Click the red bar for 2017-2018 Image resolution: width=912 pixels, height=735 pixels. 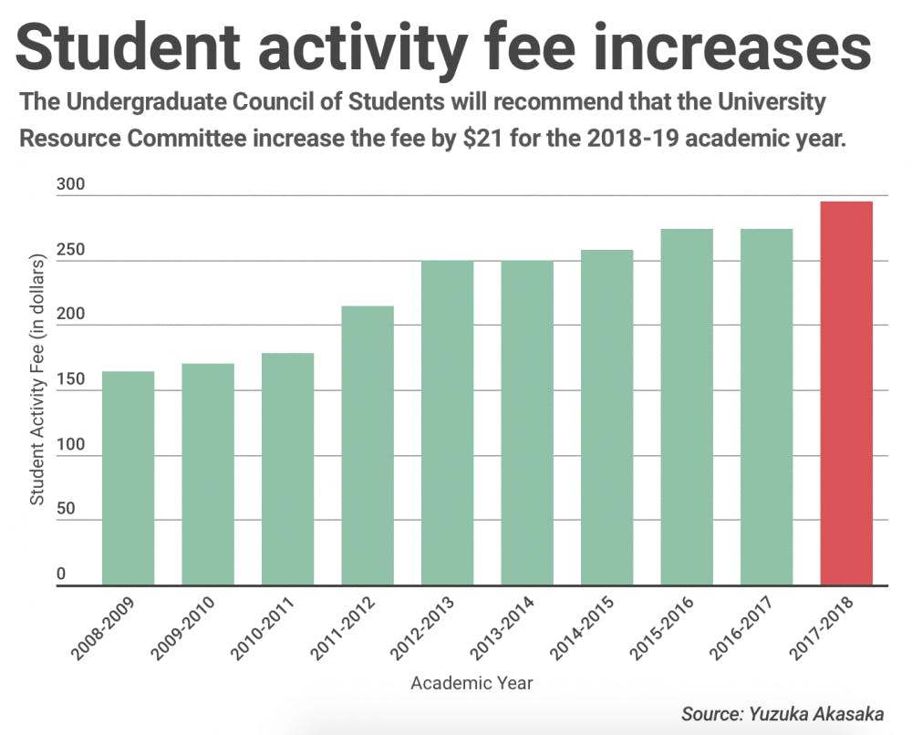(x=846, y=393)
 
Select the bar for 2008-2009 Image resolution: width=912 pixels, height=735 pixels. (x=128, y=478)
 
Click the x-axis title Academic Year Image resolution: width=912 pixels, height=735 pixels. (x=472, y=682)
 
